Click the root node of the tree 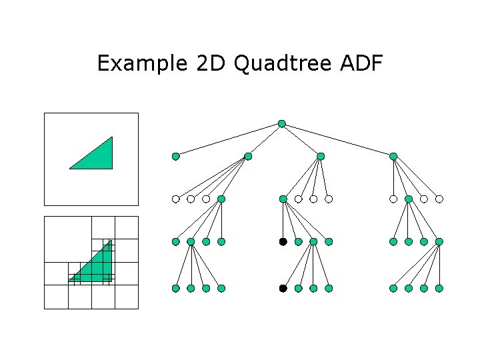[x=282, y=123]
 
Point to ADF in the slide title [x=361, y=64]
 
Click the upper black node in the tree [x=283, y=241]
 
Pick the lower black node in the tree [x=283, y=289]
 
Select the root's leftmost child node [x=175, y=157]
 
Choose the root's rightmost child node [x=393, y=156]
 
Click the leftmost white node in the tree [x=175, y=199]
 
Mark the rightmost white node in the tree [x=439, y=199]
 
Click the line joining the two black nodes [x=283, y=265]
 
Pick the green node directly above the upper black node [x=283, y=199]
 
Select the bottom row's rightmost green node [x=439, y=289]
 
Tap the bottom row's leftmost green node [x=175, y=289]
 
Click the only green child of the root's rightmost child [x=409, y=199]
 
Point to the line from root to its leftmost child [x=229, y=140]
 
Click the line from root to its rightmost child [x=337, y=139]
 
